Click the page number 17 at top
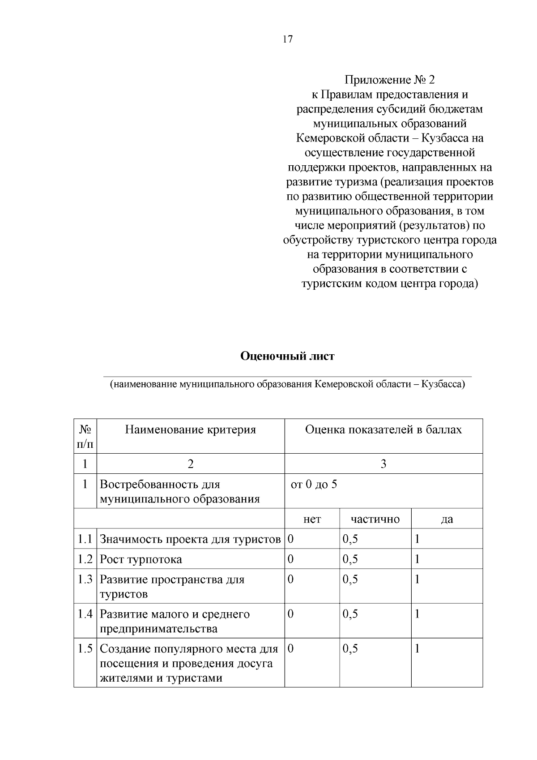(287, 39)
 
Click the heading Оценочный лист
(287, 356)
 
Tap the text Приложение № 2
(389, 80)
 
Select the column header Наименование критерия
(190, 430)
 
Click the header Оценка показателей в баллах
(383, 430)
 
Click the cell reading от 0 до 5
(314, 485)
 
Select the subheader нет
(312, 519)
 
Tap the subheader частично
(375, 519)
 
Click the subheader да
(447, 519)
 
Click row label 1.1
(85, 539)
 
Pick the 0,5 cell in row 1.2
(350, 559)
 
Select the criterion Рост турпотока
(141, 559)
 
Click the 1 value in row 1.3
(417, 580)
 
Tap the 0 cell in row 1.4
(290, 614)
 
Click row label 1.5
(85, 648)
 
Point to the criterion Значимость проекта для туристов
(190, 539)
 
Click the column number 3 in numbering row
(383, 464)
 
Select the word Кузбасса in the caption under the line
(443, 384)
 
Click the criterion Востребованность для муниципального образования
(179, 492)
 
